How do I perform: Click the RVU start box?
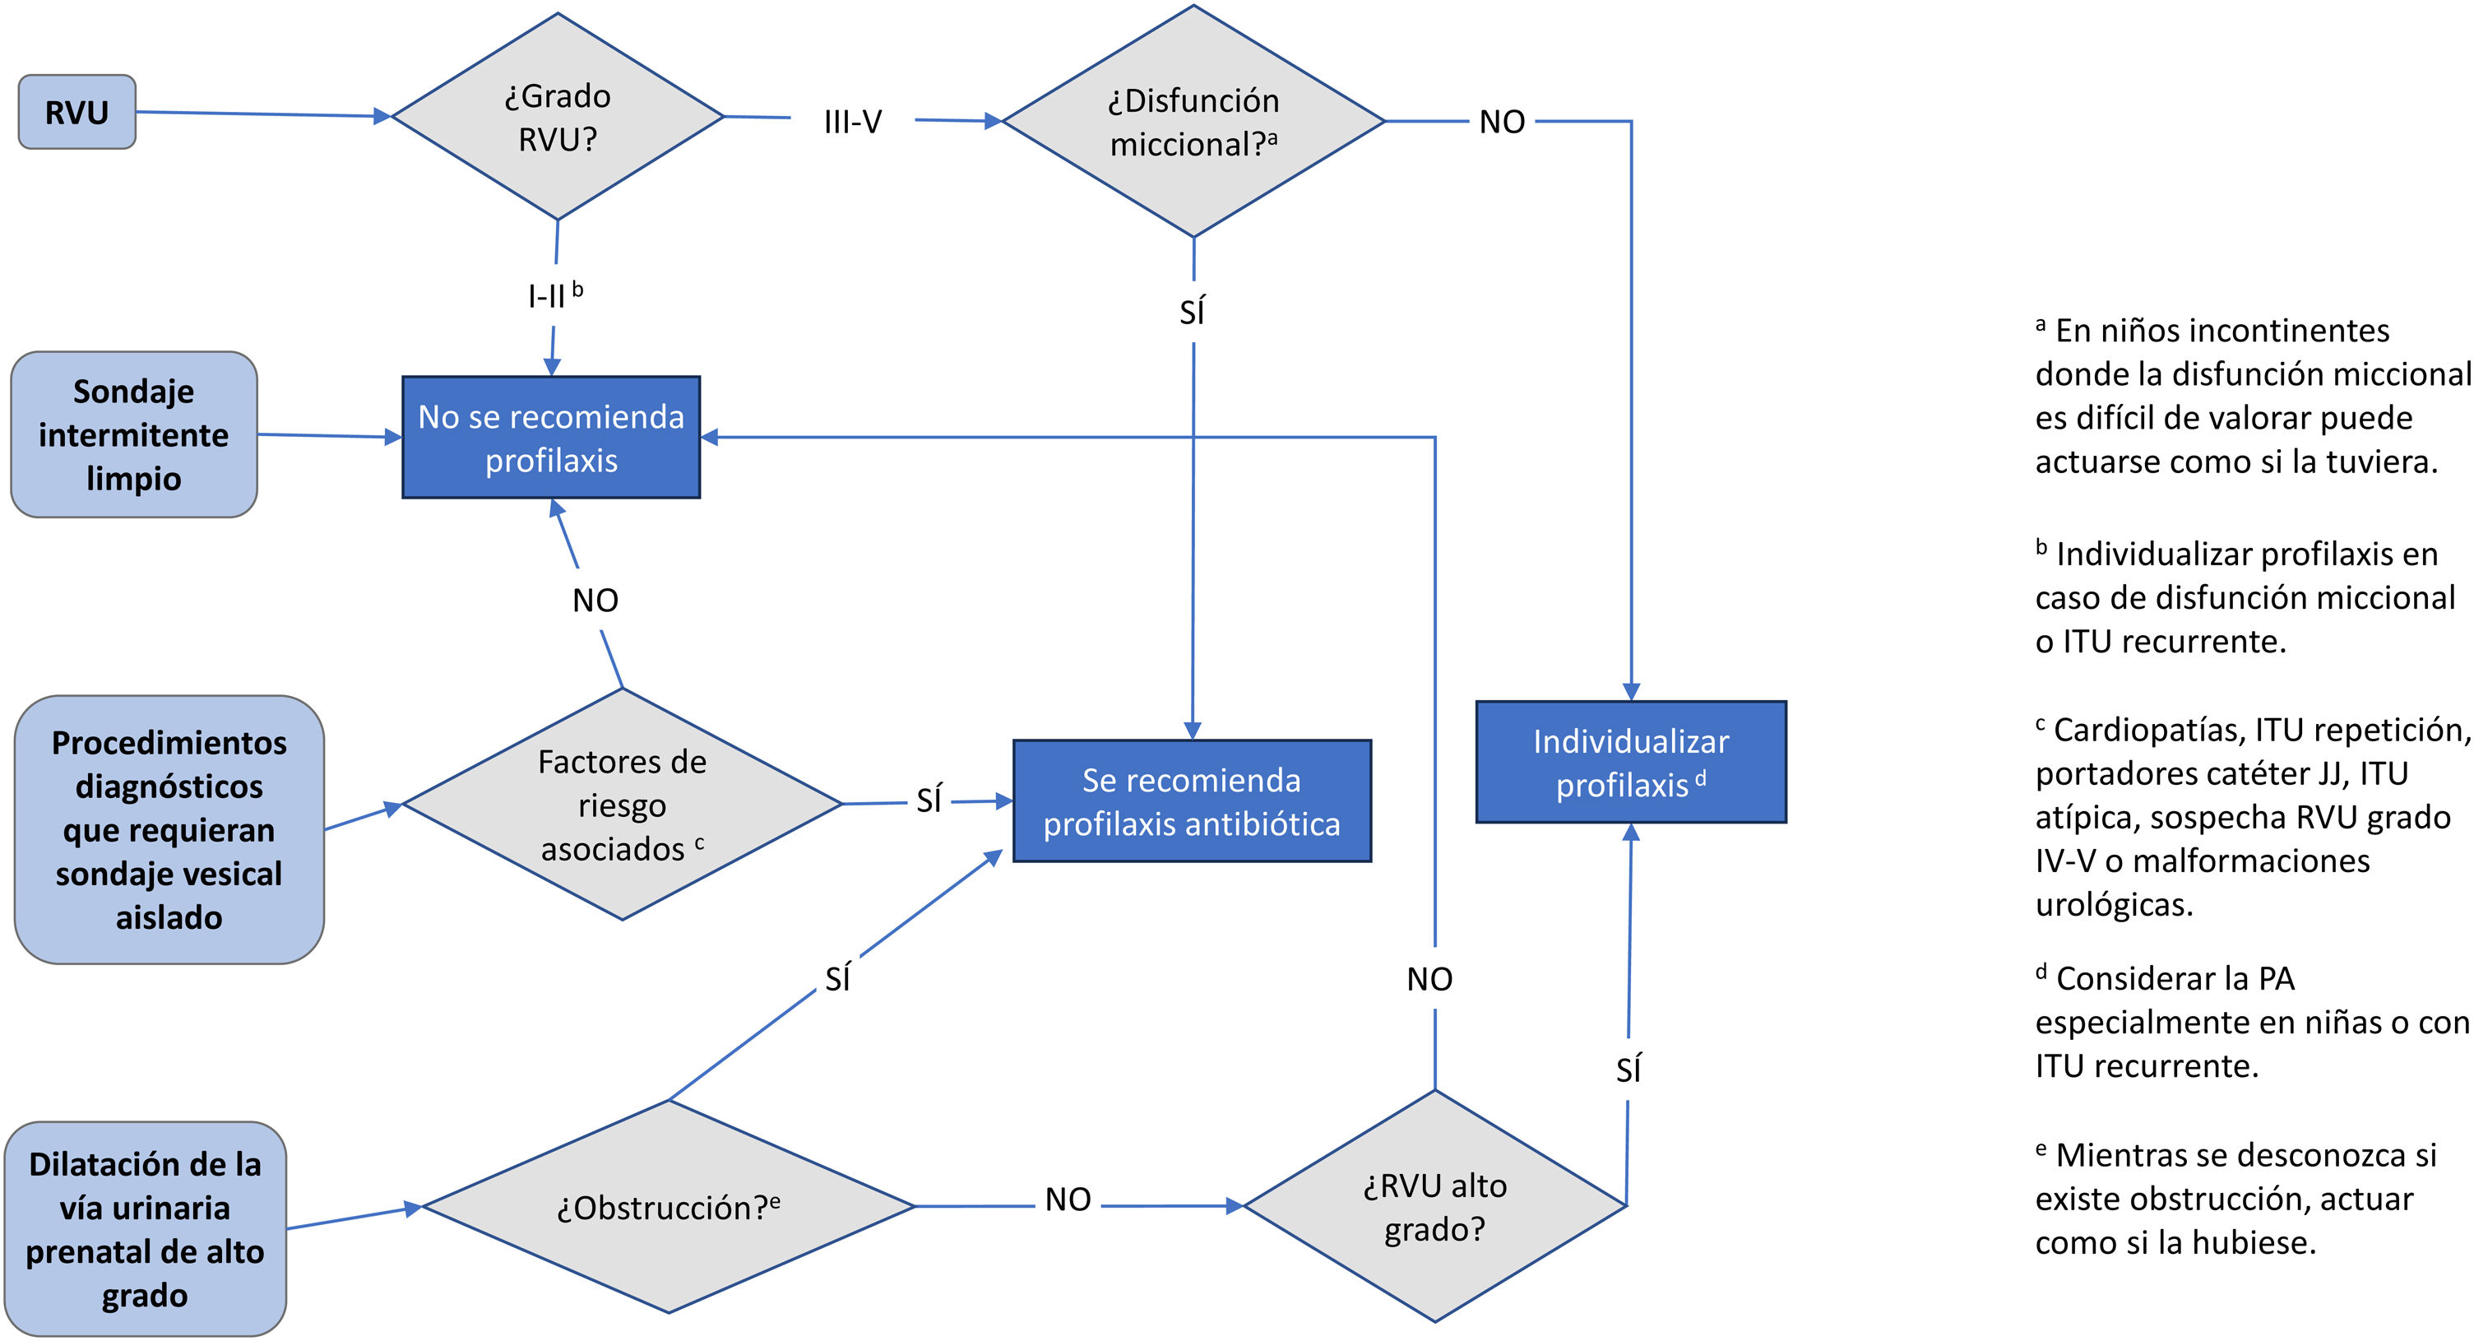click(76, 113)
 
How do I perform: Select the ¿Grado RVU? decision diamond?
click(557, 117)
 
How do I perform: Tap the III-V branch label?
click(852, 122)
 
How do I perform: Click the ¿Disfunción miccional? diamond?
click(1193, 122)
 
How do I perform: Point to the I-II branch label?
click(554, 295)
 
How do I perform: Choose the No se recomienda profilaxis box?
click(550, 438)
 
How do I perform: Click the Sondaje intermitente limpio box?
click(133, 435)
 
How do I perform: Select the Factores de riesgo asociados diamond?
click(623, 805)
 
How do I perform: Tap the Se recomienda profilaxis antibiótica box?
click(1192, 802)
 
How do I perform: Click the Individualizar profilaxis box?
click(1631, 763)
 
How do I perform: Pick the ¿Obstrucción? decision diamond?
click(669, 1207)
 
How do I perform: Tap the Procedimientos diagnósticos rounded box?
click(169, 830)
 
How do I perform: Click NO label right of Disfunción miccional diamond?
click(1502, 122)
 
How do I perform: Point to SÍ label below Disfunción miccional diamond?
click(1192, 312)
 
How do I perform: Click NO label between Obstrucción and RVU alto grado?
click(1067, 1199)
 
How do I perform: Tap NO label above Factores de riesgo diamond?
click(595, 601)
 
